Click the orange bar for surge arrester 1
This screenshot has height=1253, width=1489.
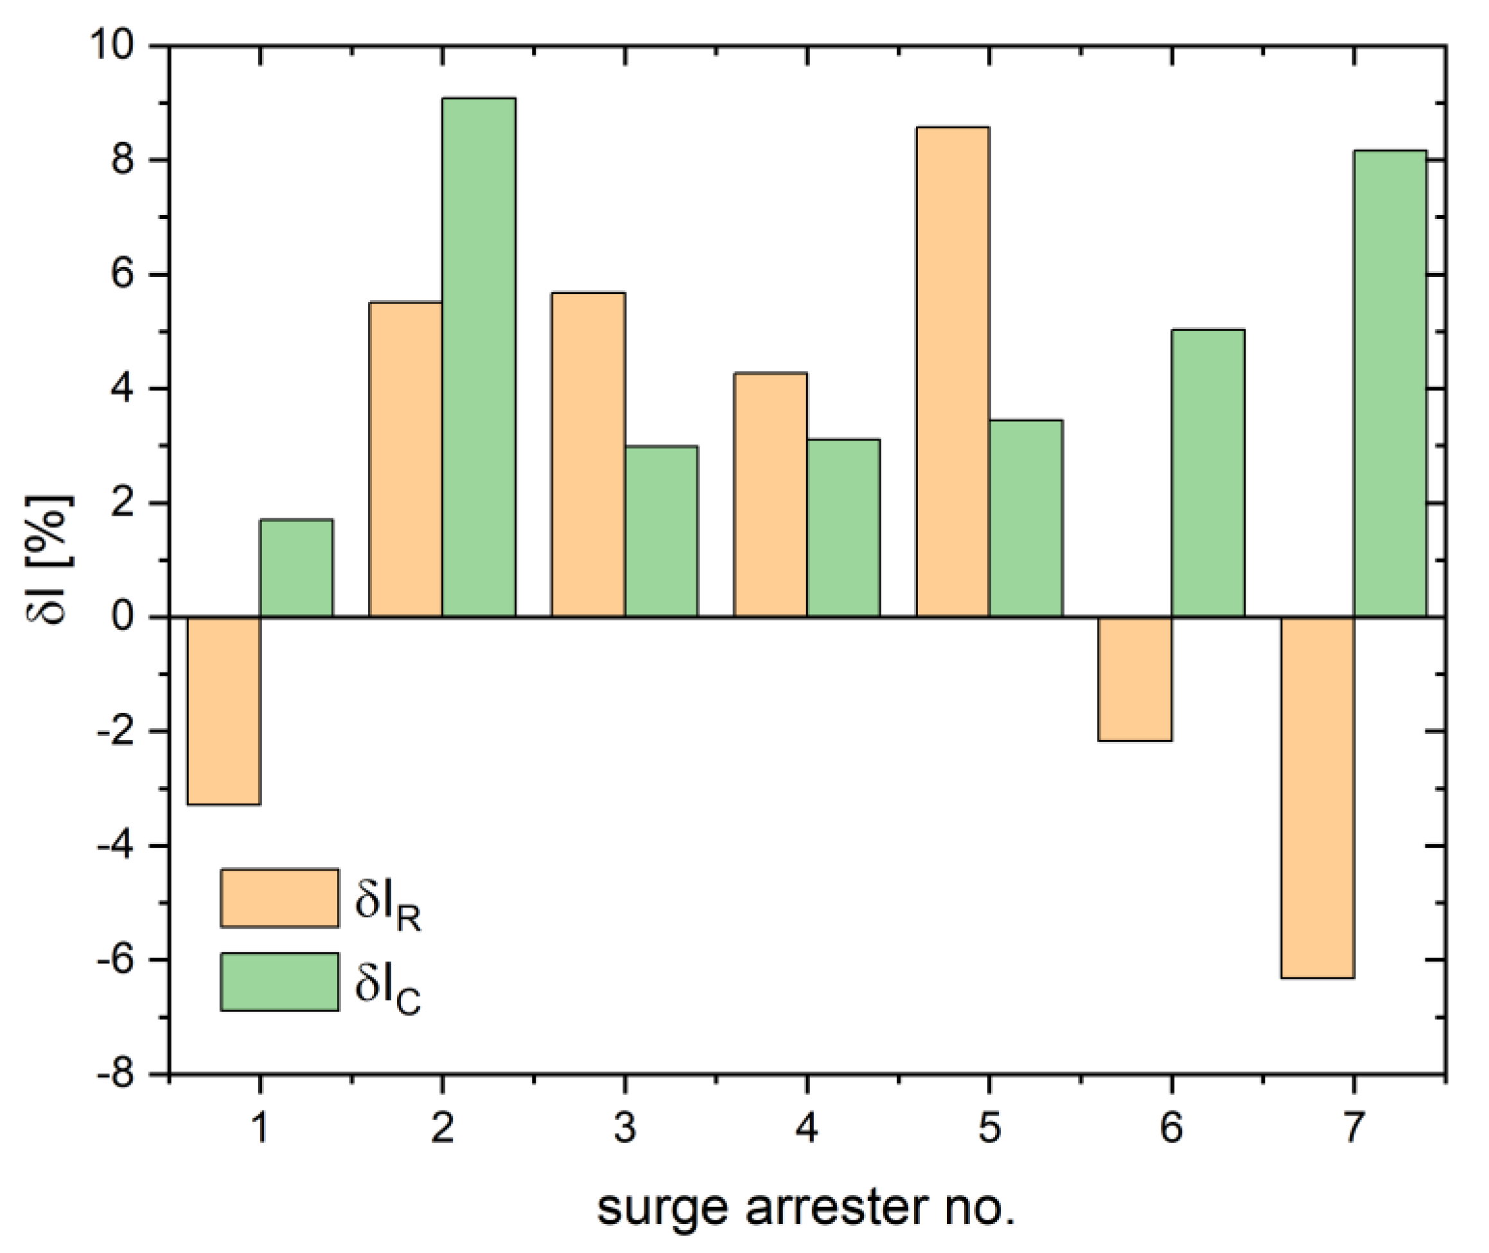pyautogui.click(x=224, y=710)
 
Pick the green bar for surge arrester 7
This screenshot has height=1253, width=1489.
pyautogui.click(x=1390, y=383)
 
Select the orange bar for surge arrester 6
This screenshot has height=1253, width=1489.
pyautogui.click(x=1134, y=678)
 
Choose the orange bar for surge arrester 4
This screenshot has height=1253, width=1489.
pyautogui.click(x=770, y=495)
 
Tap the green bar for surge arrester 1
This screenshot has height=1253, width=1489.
pyautogui.click(x=296, y=568)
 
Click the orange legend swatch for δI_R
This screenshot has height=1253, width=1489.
pyautogui.click(x=279, y=898)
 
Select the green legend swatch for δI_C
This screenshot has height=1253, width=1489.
pyautogui.click(x=279, y=982)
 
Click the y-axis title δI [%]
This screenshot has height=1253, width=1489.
pyautogui.click(x=48, y=558)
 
